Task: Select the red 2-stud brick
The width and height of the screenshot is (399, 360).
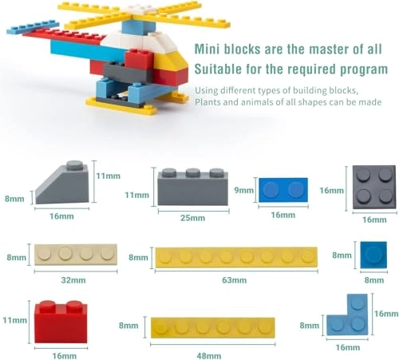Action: click(x=61, y=321)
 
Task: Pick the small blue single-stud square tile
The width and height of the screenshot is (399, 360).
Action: click(x=373, y=255)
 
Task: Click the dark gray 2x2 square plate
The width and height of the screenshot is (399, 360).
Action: click(x=373, y=188)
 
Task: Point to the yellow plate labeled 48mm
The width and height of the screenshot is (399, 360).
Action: click(x=212, y=326)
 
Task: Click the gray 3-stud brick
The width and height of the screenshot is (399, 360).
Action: click(x=192, y=186)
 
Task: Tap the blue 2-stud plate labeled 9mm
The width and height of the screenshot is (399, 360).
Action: click(x=283, y=190)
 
